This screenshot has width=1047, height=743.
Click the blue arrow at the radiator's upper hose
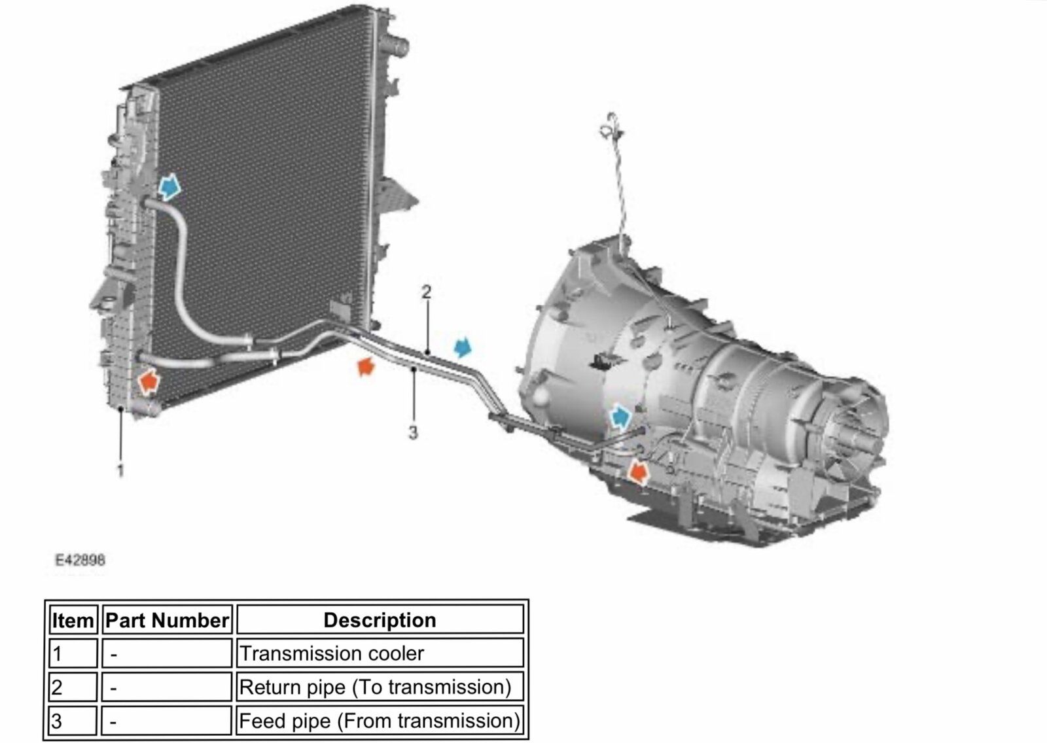coord(169,188)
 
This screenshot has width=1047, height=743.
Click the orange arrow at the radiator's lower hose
coord(149,380)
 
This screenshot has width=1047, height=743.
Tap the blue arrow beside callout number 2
coord(463,347)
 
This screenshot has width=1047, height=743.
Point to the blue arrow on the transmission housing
coord(620,415)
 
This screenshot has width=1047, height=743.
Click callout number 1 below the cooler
coord(120,470)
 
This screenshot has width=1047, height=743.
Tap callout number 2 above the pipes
coord(427,292)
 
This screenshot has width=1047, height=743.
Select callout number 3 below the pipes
coord(413,432)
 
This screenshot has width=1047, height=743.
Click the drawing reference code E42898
coord(80,560)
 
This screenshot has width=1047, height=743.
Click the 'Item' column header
coord(73,620)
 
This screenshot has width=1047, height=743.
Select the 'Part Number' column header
coord(168,620)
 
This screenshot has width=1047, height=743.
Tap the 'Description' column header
coord(380,620)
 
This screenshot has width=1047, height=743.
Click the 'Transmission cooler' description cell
coord(332,653)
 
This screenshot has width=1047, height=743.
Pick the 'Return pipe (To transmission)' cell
coord(375,687)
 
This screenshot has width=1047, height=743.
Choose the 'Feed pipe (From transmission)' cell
coord(380,721)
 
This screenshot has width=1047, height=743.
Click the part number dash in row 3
coord(114,722)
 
